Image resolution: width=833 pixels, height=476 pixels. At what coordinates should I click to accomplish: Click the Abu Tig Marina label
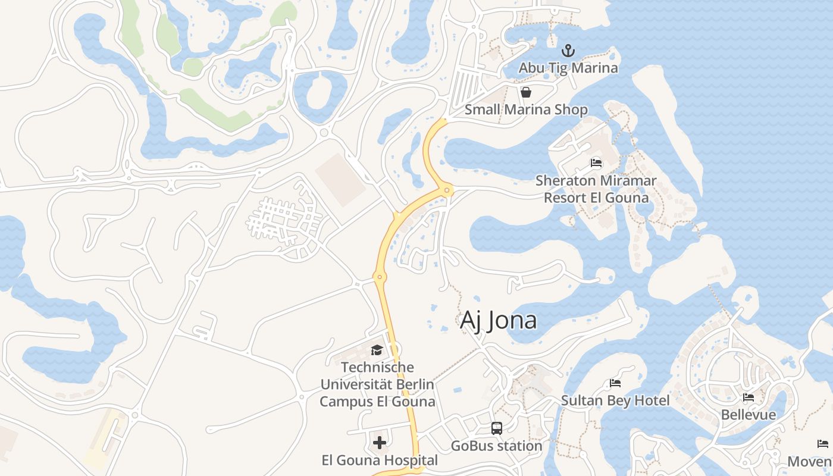click(568, 68)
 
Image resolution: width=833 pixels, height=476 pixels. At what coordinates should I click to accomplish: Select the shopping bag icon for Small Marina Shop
click(526, 92)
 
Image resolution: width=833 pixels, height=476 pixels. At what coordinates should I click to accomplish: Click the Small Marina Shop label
click(526, 109)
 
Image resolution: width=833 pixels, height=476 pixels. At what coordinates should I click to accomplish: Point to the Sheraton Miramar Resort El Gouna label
click(596, 189)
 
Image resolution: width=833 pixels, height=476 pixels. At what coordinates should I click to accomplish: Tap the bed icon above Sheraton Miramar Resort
click(596, 163)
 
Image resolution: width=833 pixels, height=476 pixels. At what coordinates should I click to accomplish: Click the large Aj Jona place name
click(499, 320)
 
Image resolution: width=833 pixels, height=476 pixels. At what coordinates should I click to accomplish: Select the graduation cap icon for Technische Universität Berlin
click(377, 350)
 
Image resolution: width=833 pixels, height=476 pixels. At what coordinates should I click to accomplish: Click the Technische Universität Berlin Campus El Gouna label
click(377, 384)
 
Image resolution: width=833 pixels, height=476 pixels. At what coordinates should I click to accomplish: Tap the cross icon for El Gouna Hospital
click(380, 443)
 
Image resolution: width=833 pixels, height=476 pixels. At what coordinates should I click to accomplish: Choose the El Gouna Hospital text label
click(380, 460)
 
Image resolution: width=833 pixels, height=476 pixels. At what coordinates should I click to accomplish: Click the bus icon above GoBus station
click(497, 428)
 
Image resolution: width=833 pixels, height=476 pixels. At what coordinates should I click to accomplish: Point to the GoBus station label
click(497, 446)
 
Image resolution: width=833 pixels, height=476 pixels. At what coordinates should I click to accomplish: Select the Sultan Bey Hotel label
click(616, 400)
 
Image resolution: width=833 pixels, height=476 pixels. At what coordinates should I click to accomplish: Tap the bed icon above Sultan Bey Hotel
click(615, 383)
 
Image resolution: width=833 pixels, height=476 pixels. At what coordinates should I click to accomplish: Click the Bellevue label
click(749, 414)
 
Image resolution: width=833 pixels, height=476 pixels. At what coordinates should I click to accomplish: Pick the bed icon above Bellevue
click(749, 397)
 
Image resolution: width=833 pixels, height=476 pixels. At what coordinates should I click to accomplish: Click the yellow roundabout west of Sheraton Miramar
click(446, 190)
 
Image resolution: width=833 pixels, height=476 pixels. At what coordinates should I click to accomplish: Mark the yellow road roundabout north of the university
click(379, 277)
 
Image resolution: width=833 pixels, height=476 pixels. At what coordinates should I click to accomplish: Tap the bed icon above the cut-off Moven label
click(823, 444)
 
